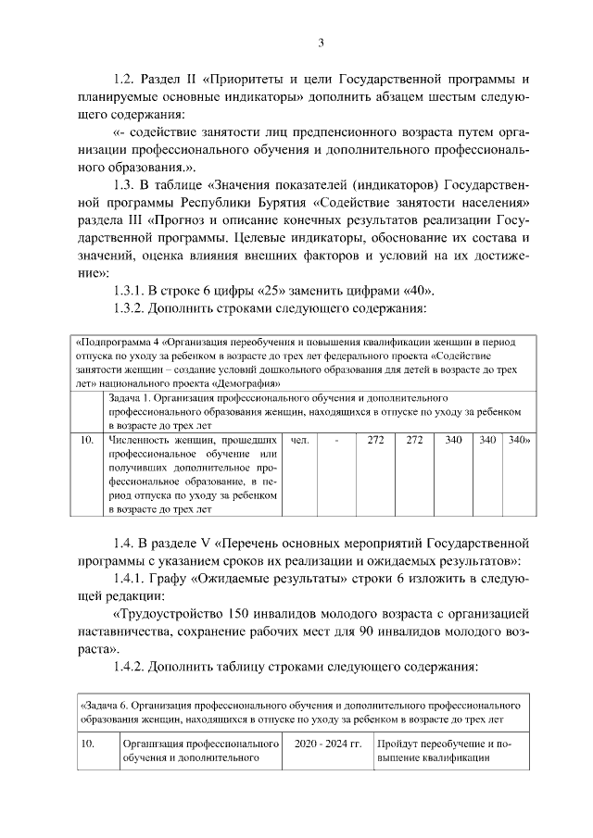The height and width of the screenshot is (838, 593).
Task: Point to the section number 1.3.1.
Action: coord(132,291)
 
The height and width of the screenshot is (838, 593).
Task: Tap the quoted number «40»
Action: coord(398,291)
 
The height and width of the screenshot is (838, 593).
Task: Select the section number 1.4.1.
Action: coord(132,578)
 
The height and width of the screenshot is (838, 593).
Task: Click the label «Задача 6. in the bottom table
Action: coord(105,705)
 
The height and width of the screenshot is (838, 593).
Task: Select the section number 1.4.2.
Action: coord(132,666)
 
